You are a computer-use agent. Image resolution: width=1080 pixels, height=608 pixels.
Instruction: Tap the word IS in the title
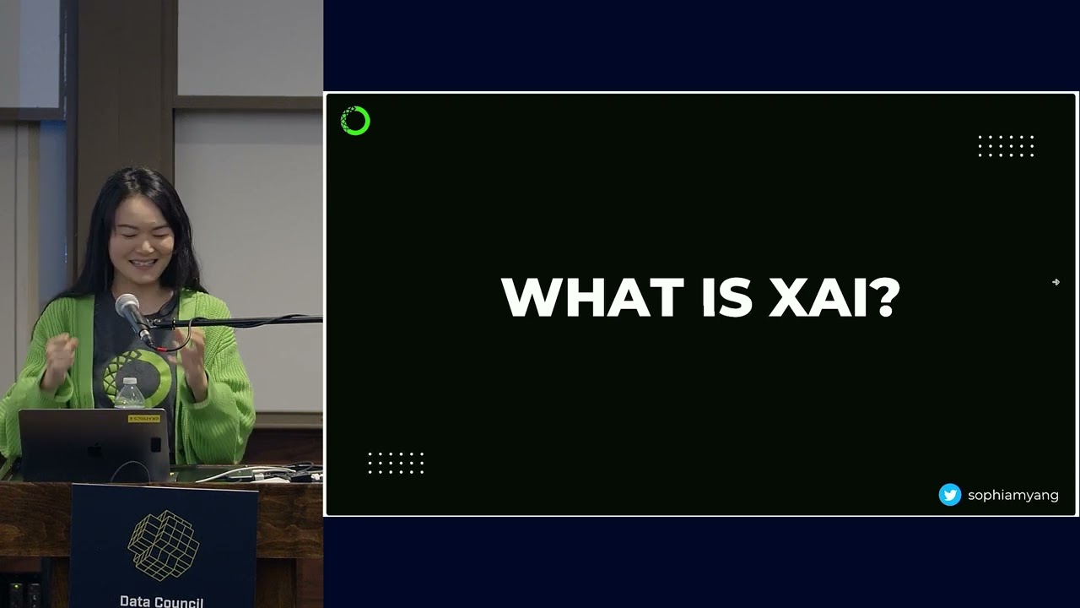click(726, 297)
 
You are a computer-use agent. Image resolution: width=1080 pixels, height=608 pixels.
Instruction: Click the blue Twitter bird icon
click(950, 495)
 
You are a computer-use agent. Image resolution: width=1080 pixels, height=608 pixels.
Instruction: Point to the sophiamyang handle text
click(1012, 496)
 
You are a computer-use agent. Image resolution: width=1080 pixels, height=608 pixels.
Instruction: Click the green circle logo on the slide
click(355, 121)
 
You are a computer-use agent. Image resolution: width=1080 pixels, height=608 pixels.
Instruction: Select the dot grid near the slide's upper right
click(1006, 146)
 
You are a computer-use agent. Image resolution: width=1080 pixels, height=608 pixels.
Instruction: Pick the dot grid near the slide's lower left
click(396, 463)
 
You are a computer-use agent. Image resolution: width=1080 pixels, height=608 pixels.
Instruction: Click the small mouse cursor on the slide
click(1056, 282)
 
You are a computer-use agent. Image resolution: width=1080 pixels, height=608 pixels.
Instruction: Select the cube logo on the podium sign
click(163, 546)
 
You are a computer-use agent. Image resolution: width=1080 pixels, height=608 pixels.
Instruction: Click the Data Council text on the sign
click(161, 601)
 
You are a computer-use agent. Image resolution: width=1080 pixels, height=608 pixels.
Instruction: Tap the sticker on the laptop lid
click(143, 418)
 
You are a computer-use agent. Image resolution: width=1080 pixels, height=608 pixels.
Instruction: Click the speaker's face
click(143, 241)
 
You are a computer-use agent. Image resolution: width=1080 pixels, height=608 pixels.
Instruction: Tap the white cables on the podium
click(253, 473)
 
